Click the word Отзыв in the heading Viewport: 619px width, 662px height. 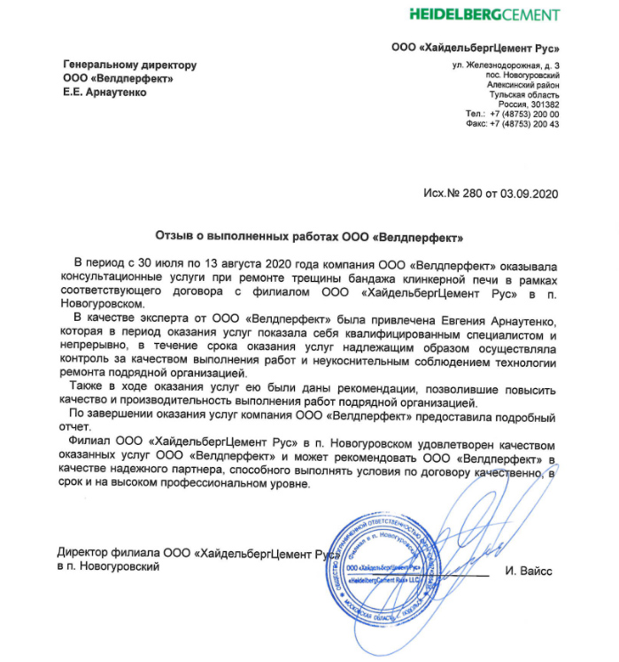tap(174, 237)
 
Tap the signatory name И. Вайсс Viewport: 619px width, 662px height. tap(530, 572)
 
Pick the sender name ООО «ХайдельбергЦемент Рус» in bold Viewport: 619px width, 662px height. tap(476, 48)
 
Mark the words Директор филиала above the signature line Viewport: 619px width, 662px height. tap(101, 553)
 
